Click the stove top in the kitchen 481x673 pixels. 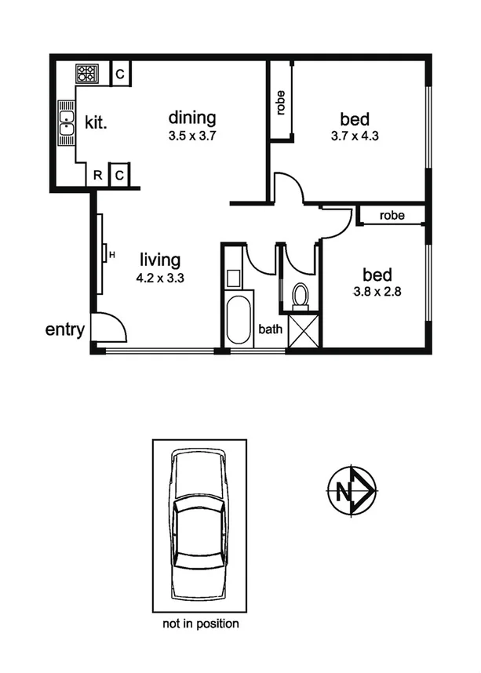pyautogui.click(x=86, y=75)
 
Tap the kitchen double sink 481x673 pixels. pyautogui.click(x=66, y=124)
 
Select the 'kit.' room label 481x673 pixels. pyautogui.click(x=96, y=123)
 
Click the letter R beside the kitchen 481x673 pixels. pyautogui.click(x=97, y=175)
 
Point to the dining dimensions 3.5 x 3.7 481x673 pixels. pyautogui.click(x=191, y=136)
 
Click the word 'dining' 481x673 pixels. pyautogui.click(x=192, y=118)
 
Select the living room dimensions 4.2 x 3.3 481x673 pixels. pyautogui.click(x=160, y=277)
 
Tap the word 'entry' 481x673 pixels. pyautogui.click(x=64, y=329)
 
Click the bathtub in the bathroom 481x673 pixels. pyautogui.click(x=239, y=318)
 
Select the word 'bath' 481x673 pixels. pyautogui.click(x=270, y=330)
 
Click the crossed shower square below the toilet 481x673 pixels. pyautogui.click(x=303, y=330)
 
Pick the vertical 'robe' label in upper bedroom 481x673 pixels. pyautogui.click(x=280, y=103)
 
